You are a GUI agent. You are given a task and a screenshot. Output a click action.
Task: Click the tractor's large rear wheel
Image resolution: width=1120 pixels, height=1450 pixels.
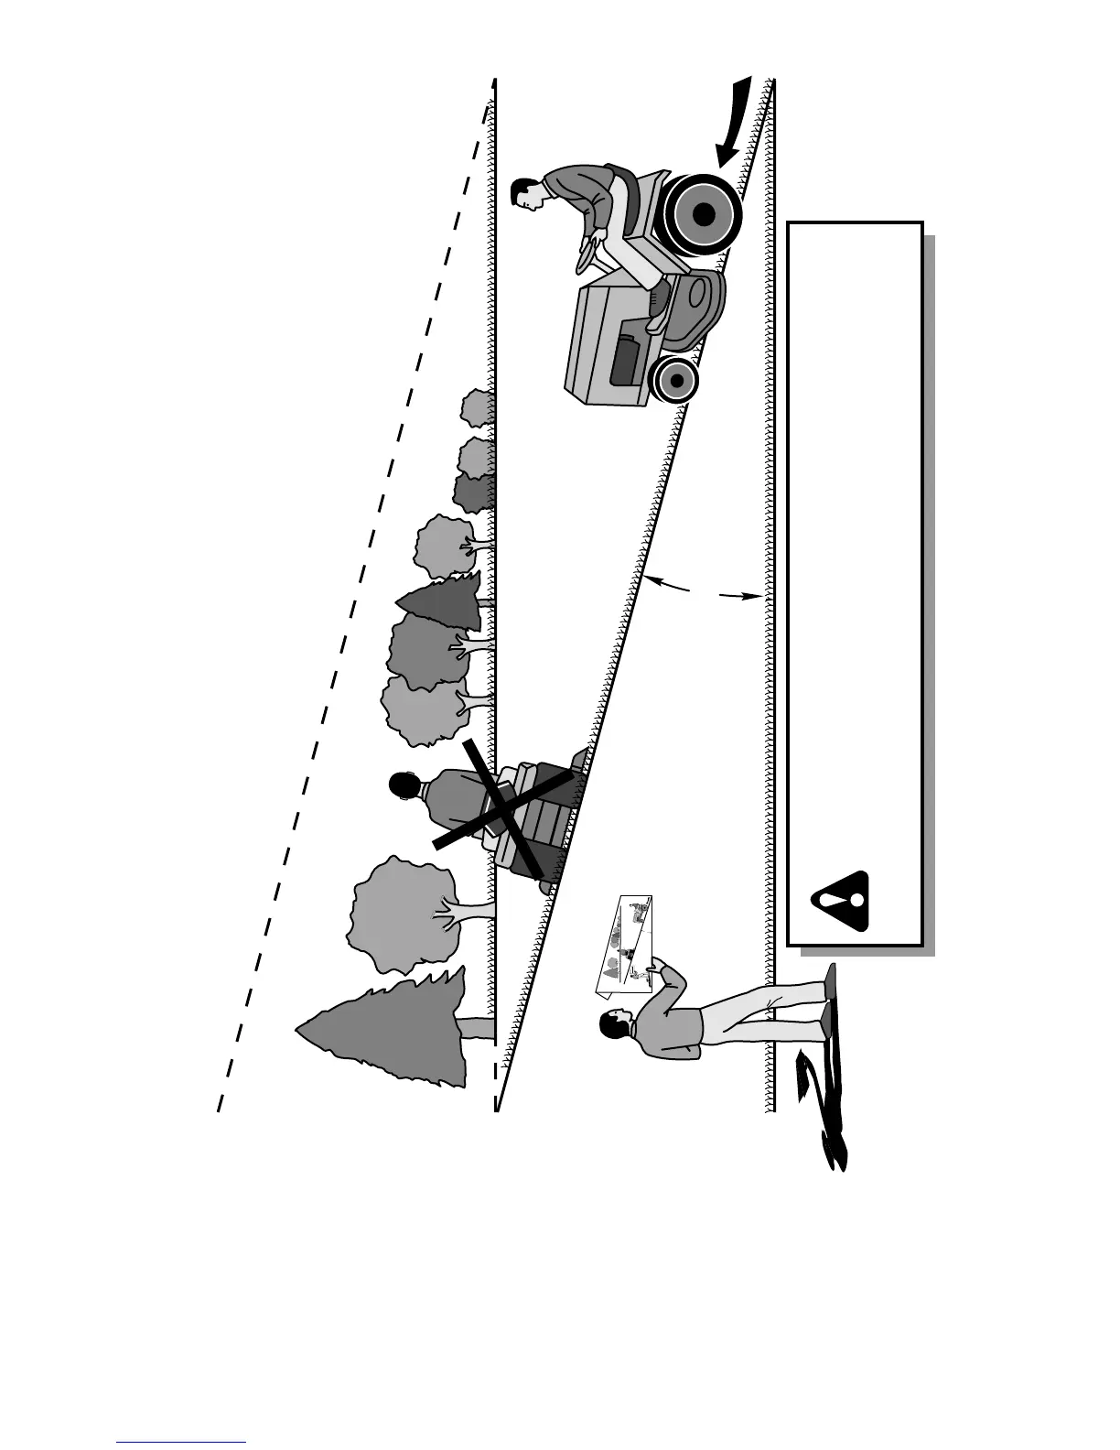pos(703,213)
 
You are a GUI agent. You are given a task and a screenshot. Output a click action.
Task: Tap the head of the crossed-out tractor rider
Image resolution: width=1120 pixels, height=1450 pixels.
pos(401,785)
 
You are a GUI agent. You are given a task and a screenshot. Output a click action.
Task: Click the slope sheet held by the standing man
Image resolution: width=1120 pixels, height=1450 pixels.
pos(624,943)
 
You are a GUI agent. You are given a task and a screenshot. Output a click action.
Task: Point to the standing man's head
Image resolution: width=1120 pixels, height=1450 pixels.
pos(613,1025)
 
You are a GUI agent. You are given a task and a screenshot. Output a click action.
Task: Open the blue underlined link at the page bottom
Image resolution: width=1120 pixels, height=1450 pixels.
pos(181,1442)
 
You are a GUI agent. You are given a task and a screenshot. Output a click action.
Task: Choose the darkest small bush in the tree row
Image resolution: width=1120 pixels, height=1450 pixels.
pos(474,492)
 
